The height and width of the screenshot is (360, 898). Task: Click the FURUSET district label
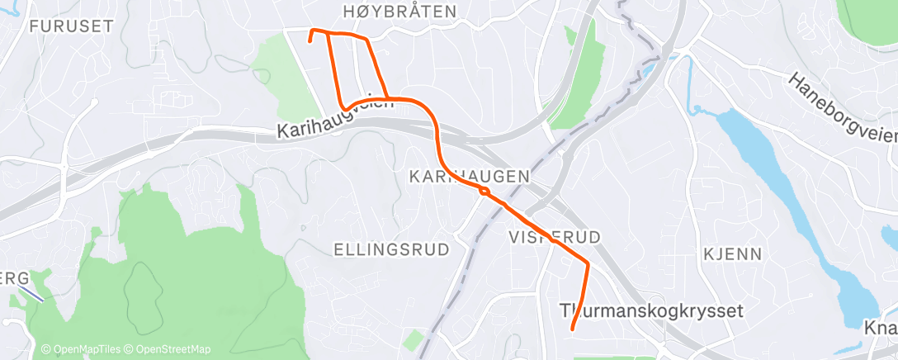tap(59, 26)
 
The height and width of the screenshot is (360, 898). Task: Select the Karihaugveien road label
tap(336, 115)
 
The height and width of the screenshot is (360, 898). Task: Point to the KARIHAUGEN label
tap(469, 176)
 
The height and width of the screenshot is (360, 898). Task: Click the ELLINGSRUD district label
tap(391, 249)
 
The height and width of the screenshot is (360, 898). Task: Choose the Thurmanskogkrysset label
tap(651, 311)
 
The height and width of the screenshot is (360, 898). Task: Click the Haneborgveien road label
tap(842, 107)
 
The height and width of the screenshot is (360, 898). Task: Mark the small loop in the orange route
tap(484, 192)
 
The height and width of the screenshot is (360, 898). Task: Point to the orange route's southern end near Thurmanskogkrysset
tap(572, 329)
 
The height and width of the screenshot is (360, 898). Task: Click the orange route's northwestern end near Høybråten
tap(310, 39)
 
